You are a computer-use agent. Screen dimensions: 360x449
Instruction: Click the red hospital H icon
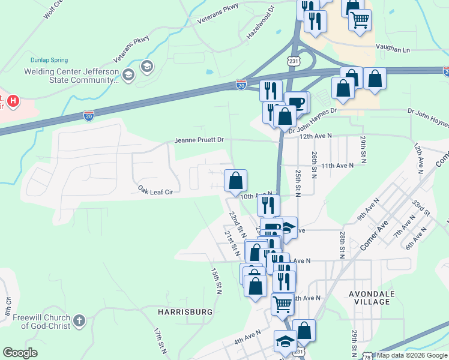click(11, 100)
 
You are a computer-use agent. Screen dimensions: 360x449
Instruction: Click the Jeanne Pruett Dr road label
click(199, 140)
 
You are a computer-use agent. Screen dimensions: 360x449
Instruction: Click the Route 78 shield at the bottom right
click(366, 356)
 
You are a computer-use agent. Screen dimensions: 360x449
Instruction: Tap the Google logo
click(20, 353)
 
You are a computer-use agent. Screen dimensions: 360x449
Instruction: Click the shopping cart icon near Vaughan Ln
click(360, 19)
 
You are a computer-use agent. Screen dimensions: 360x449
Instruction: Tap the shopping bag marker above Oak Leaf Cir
click(235, 179)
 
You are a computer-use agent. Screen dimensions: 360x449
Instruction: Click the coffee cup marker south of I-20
click(296, 102)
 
